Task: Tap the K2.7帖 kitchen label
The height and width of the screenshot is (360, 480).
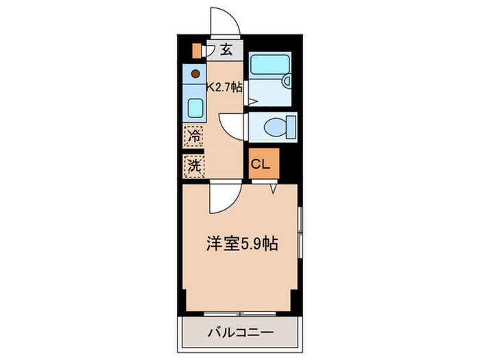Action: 225,87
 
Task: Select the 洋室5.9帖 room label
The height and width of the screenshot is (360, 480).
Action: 242,243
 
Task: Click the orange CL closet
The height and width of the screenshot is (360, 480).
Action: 264,165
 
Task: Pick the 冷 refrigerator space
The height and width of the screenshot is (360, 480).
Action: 194,135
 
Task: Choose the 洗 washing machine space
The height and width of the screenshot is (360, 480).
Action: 194,165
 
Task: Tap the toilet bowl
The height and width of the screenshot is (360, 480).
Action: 276,126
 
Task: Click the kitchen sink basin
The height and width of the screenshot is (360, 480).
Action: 195,108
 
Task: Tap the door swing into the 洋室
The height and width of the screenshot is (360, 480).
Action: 223,199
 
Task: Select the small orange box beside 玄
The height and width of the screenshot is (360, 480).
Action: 197,49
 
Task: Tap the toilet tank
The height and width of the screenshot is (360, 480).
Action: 291,126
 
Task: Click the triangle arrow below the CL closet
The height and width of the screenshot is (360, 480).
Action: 273,187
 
